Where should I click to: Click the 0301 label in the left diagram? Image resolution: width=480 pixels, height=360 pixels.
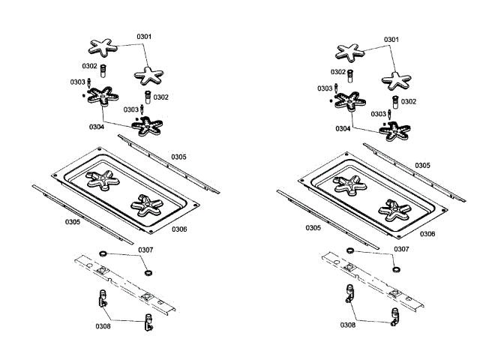(144, 36)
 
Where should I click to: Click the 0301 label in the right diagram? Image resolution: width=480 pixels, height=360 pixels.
(391, 39)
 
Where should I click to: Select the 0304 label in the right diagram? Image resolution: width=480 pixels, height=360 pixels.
(342, 129)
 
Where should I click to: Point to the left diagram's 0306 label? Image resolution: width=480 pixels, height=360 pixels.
(179, 229)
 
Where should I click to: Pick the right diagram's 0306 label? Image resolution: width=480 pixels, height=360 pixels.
(427, 234)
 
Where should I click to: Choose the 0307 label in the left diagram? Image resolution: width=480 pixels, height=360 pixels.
(145, 250)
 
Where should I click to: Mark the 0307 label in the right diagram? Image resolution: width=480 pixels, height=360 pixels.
(402, 249)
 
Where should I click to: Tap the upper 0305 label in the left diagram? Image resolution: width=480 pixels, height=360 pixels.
(178, 157)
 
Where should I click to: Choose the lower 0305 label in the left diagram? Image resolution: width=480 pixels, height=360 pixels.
(72, 222)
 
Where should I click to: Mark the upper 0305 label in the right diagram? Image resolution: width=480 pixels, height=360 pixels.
(422, 165)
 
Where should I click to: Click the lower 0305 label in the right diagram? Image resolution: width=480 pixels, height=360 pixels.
(313, 227)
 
